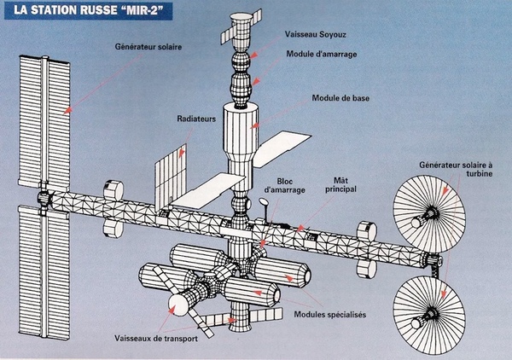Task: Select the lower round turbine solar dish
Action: [430, 310]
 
